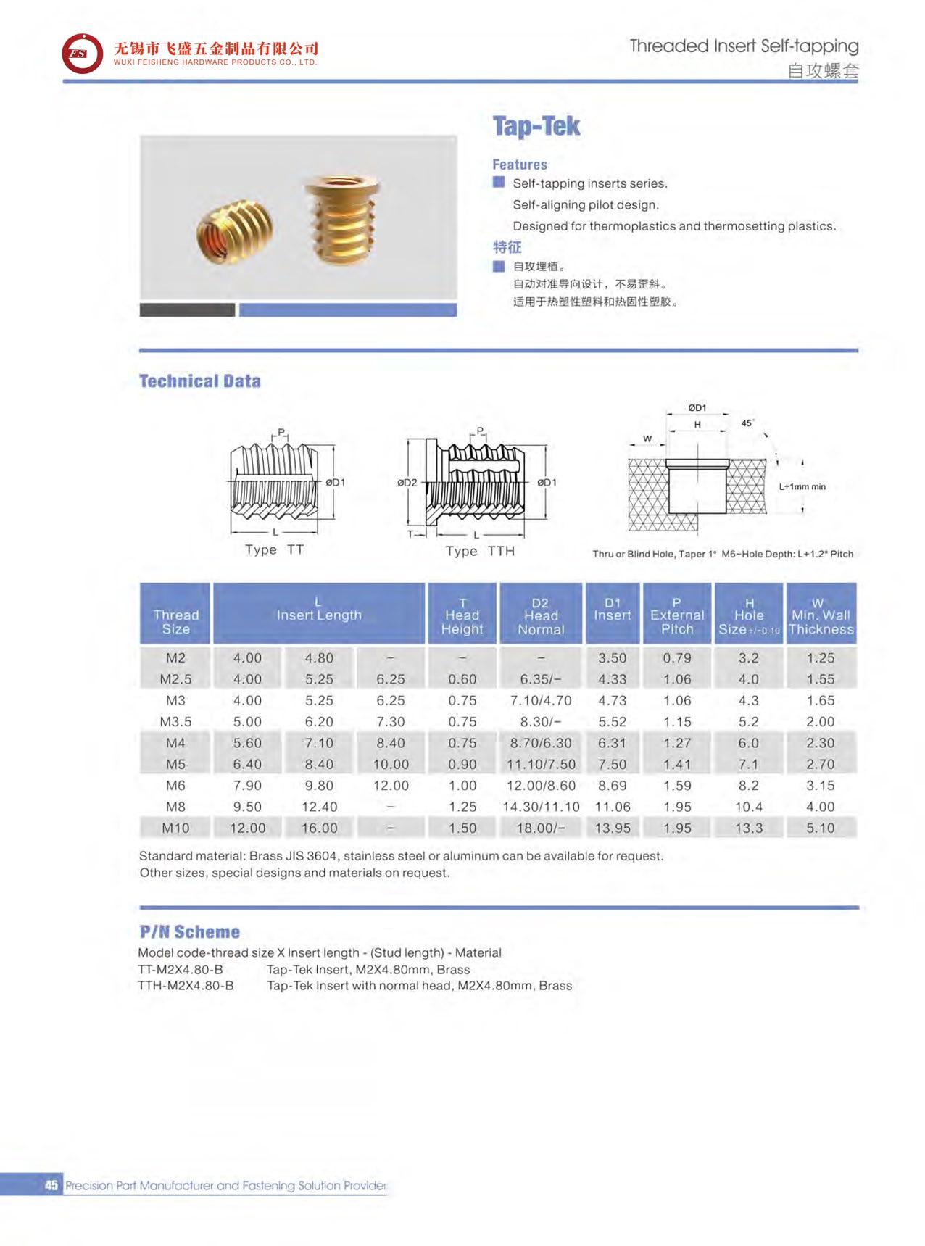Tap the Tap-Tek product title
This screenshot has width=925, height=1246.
click(x=536, y=126)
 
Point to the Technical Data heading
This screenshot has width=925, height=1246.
click(x=199, y=381)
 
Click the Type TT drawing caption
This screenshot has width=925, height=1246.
click(x=274, y=549)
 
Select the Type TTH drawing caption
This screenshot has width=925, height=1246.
click(x=480, y=551)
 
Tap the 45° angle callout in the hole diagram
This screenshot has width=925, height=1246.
click(x=747, y=423)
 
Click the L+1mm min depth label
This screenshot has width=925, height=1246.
click(x=802, y=486)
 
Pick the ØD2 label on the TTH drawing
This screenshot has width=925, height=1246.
click(x=407, y=482)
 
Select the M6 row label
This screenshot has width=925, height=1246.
click(x=175, y=785)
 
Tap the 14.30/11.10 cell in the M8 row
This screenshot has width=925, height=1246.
click(x=541, y=807)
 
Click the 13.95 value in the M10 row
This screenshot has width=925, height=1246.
click(x=613, y=828)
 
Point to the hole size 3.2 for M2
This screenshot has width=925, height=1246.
click(x=748, y=657)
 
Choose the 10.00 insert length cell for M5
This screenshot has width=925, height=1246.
click(x=391, y=764)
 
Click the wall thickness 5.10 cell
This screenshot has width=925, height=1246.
click(x=821, y=828)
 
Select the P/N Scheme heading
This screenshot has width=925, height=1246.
click(x=189, y=932)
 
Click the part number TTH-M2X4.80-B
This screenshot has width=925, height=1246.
click(x=186, y=986)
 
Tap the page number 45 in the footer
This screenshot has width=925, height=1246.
click(x=51, y=1185)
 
